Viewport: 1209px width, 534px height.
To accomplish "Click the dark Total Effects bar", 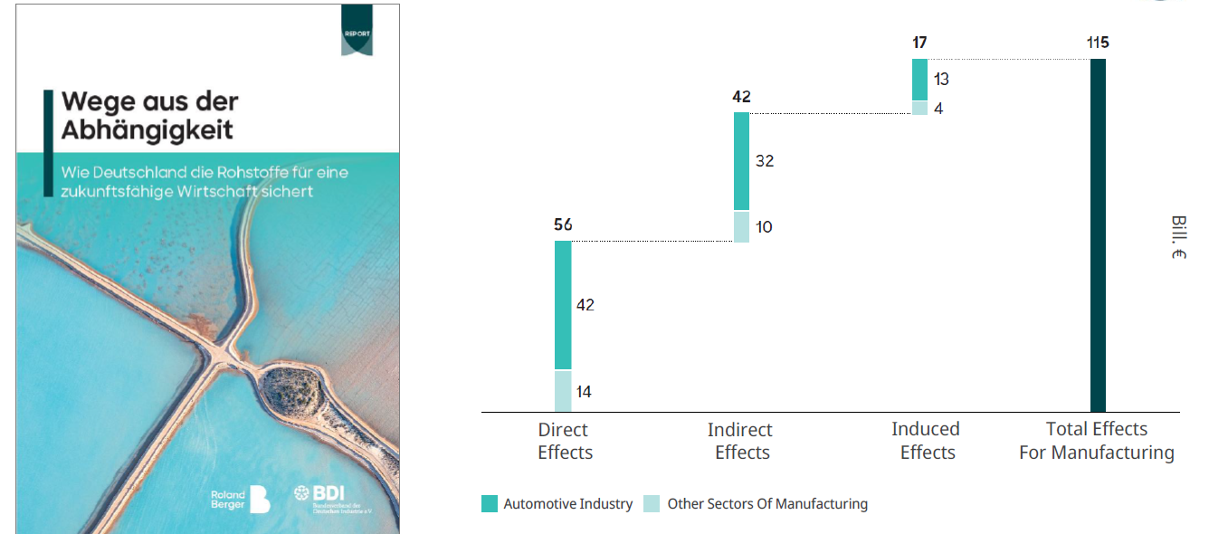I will point(1098,235).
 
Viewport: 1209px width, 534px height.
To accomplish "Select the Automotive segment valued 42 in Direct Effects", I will point(563,305).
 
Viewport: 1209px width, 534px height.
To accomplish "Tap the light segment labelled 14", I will point(563,392).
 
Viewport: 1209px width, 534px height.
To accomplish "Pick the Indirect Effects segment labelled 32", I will point(741,161).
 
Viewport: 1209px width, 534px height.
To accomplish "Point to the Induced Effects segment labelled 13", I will point(919,80).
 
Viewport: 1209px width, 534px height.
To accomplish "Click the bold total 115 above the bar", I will point(1099,43).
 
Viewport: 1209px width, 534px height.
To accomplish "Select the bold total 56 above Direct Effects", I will point(563,224).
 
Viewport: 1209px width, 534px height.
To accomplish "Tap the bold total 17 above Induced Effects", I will point(920,43).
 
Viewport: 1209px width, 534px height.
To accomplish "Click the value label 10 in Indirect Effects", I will point(764,226).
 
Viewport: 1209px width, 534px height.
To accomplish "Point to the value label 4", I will point(939,109).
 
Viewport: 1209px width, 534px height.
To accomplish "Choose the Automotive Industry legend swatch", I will point(490,504).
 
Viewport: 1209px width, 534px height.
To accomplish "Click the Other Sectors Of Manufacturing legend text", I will point(767,504).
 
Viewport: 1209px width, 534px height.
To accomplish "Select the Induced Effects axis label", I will point(926,441).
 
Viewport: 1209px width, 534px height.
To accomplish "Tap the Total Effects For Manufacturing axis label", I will point(1097,441).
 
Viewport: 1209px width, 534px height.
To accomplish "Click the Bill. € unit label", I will point(1177,238).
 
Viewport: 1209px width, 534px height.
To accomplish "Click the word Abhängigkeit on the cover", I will point(147,129).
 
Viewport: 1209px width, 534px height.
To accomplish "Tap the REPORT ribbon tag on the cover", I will point(357,32).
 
